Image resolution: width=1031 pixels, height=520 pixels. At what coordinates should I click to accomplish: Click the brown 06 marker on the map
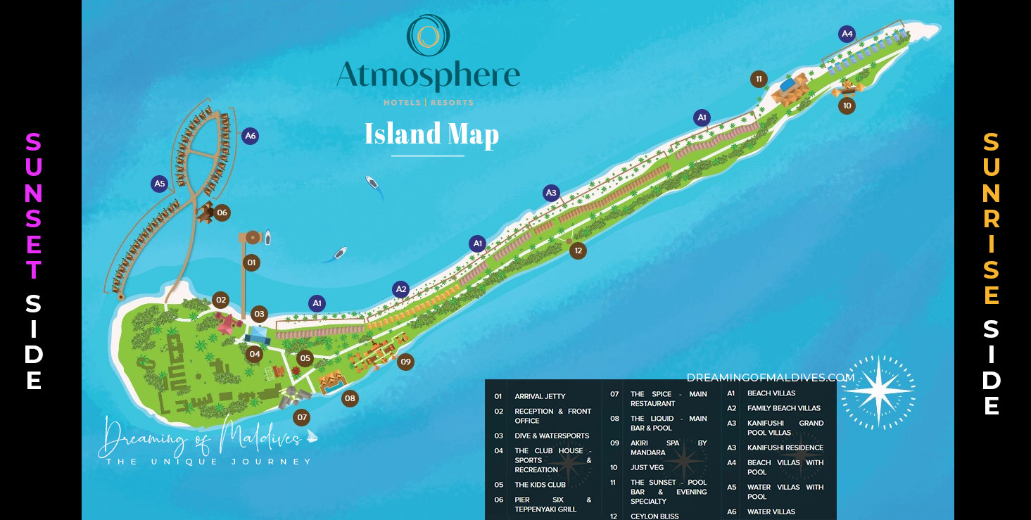click(222, 213)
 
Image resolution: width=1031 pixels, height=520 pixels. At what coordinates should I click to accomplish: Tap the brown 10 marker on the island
click(847, 106)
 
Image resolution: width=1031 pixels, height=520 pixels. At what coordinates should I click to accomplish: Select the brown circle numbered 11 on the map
click(759, 79)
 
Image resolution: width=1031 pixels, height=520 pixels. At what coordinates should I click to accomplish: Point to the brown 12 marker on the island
click(578, 250)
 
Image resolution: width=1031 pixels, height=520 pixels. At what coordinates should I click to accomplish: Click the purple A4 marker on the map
click(847, 33)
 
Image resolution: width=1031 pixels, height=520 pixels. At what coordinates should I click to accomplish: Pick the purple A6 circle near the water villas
click(250, 137)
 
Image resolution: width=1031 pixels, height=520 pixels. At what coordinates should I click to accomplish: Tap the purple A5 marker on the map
click(160, 184)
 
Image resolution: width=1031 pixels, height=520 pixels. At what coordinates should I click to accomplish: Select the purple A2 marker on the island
click(401, 289)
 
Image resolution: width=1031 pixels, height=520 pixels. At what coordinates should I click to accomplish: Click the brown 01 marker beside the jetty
click(251, 263)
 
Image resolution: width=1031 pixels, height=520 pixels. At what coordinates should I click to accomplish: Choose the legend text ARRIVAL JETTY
click(540, 396)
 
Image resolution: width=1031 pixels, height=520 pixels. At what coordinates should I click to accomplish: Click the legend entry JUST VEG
click(647, 467)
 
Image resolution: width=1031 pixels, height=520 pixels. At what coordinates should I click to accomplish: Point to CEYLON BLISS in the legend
click(654, 516)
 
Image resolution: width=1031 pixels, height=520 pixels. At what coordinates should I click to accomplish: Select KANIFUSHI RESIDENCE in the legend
click(785, 448)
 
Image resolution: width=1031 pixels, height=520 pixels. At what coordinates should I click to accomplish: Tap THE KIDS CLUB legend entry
click(540, 485)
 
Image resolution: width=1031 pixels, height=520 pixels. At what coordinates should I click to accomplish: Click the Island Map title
click(431, 134)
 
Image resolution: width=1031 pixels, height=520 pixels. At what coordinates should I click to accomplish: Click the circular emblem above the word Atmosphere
click(428, 35)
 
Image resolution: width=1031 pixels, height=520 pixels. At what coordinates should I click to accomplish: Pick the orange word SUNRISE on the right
click(991, 219)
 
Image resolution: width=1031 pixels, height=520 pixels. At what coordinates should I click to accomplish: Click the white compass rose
click(878, 392)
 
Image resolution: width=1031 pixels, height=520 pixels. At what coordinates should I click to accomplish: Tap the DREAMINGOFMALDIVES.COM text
click(770, 378)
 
